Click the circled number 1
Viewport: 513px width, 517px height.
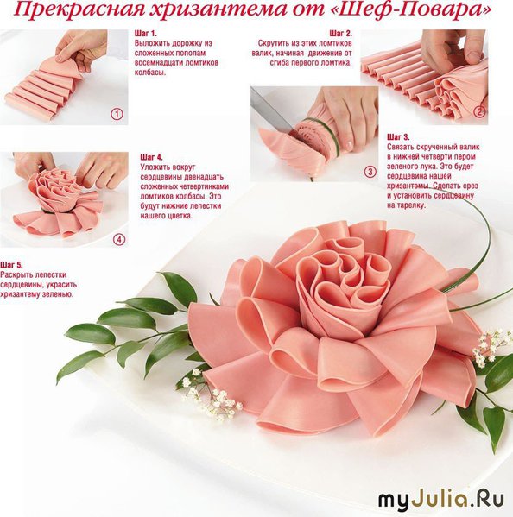click(117, 115)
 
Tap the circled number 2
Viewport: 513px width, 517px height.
click(479, 112)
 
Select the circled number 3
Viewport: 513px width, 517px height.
click(370, 172)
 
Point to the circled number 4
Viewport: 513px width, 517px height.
click(119, 239)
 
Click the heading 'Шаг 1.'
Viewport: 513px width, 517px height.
click(145, 34)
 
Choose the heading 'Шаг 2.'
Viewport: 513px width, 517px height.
click(341, 34)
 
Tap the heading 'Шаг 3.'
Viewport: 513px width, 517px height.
click(398, 137)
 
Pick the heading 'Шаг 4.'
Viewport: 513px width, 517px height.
click(151, 157)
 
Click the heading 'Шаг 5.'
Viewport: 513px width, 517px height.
click(11, 265)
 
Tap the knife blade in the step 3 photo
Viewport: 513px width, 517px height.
click(269, 112)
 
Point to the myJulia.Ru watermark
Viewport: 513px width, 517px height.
click(441, 500)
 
